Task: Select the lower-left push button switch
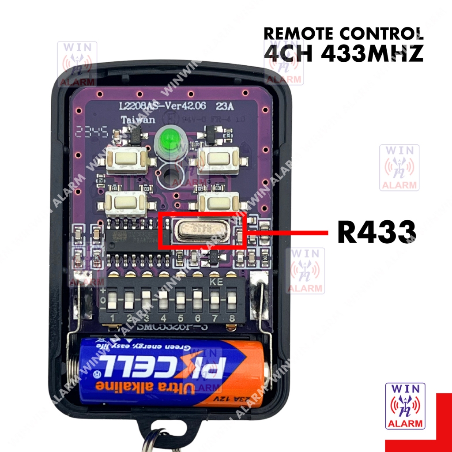pos(125,203)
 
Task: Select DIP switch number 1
pos(112,301)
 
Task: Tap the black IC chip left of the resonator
pos(132,241)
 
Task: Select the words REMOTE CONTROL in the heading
pos(344,34)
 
